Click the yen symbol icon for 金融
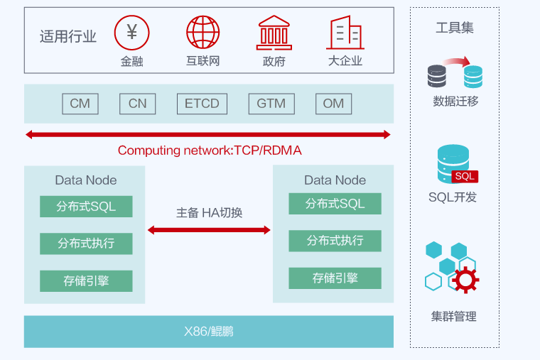[131, 32]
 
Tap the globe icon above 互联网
[203, 32]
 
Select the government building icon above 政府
[274, 32]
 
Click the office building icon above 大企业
[345, 33]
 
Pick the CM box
[80, 104]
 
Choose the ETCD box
[202, 104]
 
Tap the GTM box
[271, 104]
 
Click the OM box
[333, 104]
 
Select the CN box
[137, 104]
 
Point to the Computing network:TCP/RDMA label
[210, 151]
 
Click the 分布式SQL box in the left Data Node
[86, 207]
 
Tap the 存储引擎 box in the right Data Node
[335, 278]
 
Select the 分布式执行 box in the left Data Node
[86, 244]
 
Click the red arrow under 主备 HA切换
[209, 230]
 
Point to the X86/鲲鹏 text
[209, 332]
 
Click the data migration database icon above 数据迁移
[455, 72]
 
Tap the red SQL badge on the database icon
[465, 176]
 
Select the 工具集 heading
[455, 28]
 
